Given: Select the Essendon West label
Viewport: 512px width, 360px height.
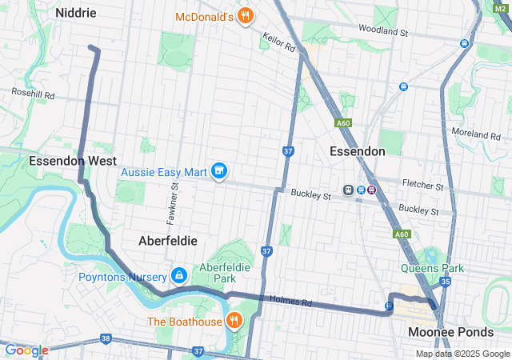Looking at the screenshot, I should pos(73,161).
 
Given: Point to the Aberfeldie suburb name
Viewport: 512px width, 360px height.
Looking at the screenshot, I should pos(168,240).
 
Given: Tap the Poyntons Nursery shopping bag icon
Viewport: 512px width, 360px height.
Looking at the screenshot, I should pos(179,277).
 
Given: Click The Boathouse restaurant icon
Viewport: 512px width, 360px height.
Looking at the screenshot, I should pos(234,322).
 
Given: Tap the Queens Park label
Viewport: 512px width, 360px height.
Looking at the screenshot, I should pos(432,269).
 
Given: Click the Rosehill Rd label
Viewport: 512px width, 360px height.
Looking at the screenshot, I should pos(33,94).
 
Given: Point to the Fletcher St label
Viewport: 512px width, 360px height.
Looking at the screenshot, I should pos(423,186).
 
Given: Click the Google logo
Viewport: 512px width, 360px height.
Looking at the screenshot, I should pos(26,350).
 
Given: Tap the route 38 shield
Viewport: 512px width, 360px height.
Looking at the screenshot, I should pos(106,339).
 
